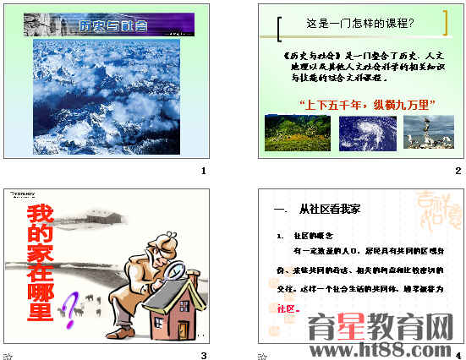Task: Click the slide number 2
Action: [x=458, y=172]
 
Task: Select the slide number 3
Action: [x=204, y=355]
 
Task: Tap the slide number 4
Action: [x=458, y=356]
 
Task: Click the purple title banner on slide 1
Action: [x=108, y=24]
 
